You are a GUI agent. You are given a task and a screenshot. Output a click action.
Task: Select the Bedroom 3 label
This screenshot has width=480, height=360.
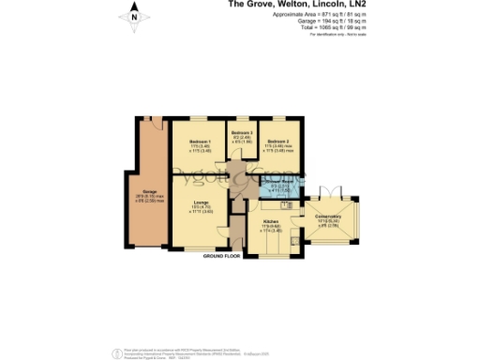point(243,137)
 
